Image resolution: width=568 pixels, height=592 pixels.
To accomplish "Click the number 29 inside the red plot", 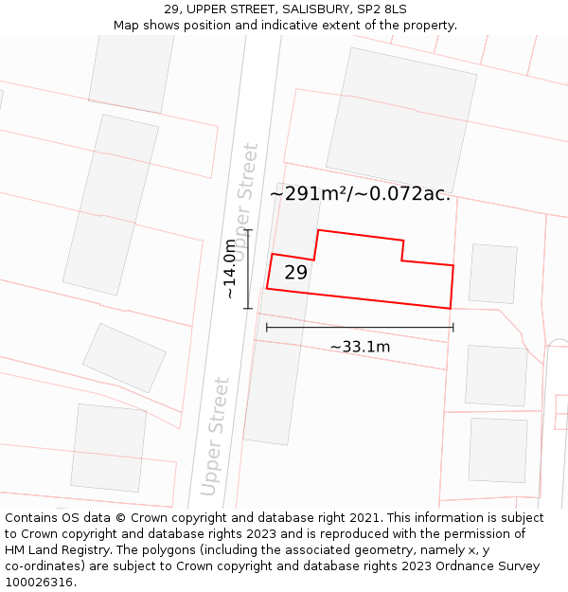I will [x=295, y=273].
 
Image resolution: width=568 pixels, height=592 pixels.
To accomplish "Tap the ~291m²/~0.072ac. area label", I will [x=360, y=194].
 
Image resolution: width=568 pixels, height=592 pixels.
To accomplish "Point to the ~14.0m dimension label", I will [x=230, y=269].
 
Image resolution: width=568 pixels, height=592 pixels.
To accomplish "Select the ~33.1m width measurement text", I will [x=360, y=347].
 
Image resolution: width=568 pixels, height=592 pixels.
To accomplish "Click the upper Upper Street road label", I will [x=245, y=202].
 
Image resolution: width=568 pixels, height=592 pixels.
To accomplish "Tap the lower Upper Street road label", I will [x=216, y=437].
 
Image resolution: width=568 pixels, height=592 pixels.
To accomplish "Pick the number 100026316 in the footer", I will [x=40, y=583].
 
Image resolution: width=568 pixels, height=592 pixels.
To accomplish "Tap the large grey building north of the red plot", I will [x=401, y=120].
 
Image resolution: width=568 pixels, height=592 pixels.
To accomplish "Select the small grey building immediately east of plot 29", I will [x=493, y=274].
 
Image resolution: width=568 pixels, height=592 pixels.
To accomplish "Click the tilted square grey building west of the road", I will [x=124, y=358].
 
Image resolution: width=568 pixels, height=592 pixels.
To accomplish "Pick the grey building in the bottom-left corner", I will [x=109, y=447].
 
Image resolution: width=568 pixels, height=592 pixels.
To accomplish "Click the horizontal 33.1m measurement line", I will [x=360, y=328].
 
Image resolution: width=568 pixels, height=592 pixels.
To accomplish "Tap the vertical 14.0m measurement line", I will [x=248, y=269].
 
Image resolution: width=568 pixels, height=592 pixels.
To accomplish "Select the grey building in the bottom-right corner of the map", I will [x=498, y=450].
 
